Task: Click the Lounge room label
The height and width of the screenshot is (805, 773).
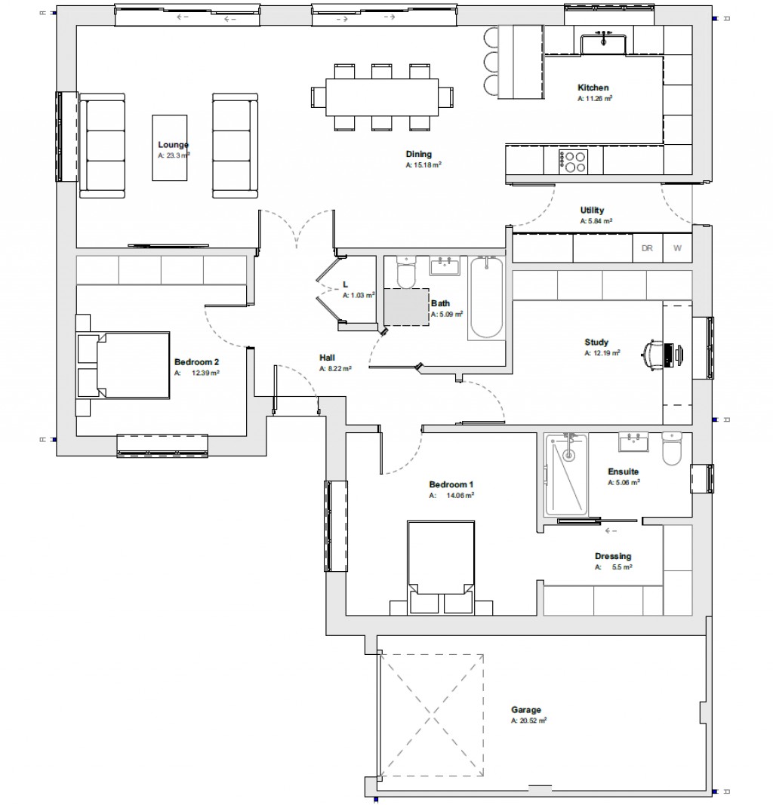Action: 173,145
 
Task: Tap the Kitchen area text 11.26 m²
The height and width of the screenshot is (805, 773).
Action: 594,98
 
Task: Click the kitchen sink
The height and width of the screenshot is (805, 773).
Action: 603,42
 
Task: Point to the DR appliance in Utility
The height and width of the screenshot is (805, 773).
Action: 647,247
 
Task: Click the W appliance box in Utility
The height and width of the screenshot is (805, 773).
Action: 677,247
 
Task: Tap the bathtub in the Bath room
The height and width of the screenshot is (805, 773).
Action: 487,298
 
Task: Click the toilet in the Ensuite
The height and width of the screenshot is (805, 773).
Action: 671,450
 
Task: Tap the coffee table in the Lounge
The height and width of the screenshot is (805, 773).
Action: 171,147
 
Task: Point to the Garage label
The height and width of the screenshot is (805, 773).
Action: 525,710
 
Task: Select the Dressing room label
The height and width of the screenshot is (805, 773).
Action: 612,557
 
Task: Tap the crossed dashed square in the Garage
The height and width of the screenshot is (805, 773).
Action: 432,712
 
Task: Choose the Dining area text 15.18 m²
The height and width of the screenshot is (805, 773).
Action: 423,164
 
